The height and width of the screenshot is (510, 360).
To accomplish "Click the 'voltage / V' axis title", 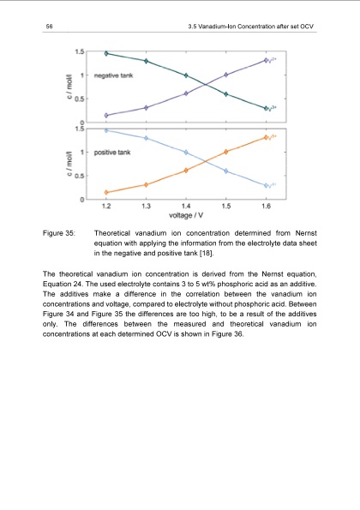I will coord(186,215).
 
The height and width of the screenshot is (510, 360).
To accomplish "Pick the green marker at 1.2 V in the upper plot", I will coord(106,53).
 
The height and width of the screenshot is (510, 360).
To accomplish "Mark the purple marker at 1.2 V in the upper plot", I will coord(106,115).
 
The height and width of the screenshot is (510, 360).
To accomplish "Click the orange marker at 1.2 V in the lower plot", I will coord(106,192).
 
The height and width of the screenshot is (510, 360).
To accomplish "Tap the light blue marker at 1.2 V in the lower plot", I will coord(106,130).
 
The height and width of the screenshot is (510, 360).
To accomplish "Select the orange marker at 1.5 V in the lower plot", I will coord(226,152).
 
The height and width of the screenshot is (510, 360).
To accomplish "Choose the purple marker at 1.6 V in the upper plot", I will coord(266,60).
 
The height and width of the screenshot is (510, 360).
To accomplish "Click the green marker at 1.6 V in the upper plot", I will coord(266,108).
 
